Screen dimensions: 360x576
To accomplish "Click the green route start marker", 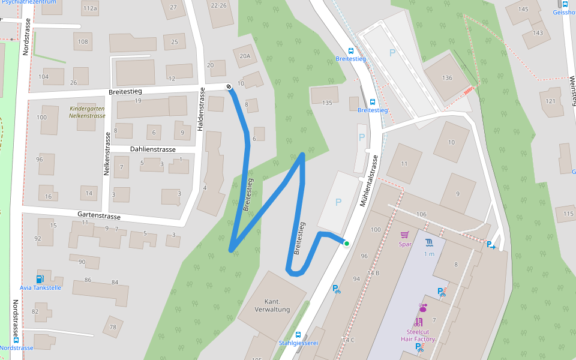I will (346, 243).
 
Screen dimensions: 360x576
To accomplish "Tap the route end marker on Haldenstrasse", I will (229, 88).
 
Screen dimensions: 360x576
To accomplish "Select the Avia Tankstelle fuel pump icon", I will (40, 278).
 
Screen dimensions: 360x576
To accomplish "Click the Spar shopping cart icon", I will (404, 235).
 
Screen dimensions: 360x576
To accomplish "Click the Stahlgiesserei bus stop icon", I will (298, 334).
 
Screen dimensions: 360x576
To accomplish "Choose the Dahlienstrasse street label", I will (152, 149).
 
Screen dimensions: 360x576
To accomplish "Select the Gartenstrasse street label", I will (99, 215).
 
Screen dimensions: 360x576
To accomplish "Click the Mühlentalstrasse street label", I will (371, 181).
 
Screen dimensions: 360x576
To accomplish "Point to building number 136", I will (446, 78).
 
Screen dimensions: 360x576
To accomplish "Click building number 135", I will (327, 103).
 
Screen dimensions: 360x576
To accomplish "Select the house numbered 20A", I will (244, 56).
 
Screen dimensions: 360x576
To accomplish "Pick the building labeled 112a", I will (90, 8).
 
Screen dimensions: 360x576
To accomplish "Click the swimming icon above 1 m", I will (429, 242).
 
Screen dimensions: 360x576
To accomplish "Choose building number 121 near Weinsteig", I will (551, 100).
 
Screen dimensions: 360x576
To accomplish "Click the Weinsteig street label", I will (572, 90).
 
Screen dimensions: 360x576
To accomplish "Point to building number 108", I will (83, 42).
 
